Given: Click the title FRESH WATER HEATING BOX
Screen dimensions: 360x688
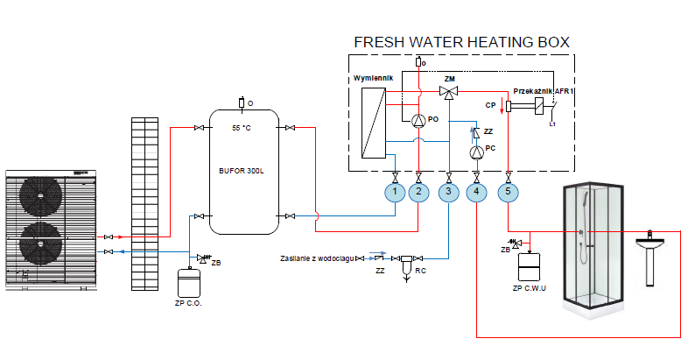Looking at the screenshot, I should (x=461, y=42).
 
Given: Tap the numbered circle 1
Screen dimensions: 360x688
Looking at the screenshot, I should (x=395, y=191).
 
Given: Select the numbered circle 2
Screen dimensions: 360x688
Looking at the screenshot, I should (x=419, y=191).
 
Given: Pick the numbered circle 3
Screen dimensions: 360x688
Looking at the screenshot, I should (x=448, y=191).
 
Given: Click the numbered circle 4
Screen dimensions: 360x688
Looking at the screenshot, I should (x=476, y=191).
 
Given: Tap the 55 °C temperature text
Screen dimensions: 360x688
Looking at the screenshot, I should (x=241, y=129).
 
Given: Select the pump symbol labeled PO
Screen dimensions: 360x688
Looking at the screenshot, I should (x=418, y=120).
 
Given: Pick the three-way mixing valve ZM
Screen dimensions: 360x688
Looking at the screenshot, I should (x=449, y=91).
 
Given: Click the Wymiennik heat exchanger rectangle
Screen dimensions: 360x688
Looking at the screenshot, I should (x=374, y=122).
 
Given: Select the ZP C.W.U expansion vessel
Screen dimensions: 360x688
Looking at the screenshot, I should (x=531, y=264).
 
